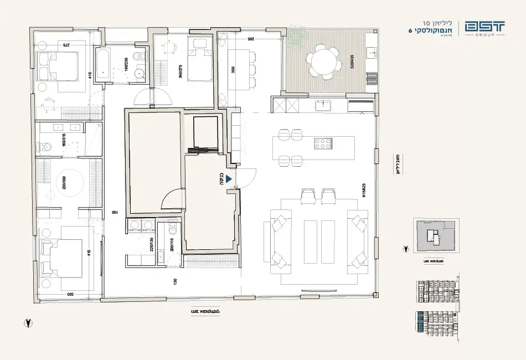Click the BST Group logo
[485, 29]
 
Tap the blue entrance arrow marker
[227, 179]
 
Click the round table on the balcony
[324, 61]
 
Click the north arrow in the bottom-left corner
[27, 322]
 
